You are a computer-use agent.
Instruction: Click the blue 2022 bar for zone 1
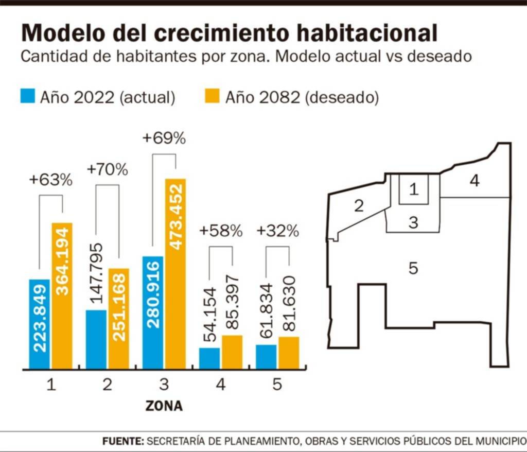(39, 324)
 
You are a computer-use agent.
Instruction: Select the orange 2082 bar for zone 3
(175, 273)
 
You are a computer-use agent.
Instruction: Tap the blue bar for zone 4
(209, 358)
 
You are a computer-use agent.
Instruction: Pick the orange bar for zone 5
(288, 353)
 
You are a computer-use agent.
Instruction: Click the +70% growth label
(107, 169)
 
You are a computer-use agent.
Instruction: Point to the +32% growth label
(277, 231)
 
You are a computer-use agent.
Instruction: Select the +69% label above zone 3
(164, 139)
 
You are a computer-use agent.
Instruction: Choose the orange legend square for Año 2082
(213, 96)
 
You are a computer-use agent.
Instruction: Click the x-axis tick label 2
(107, 385)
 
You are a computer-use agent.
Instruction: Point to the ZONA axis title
(164, 406)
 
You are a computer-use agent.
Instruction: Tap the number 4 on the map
(474, 181)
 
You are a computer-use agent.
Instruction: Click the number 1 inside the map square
(413, 189)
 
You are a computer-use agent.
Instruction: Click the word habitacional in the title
(357, 33)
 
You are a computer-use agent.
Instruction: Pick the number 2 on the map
(359, 206)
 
